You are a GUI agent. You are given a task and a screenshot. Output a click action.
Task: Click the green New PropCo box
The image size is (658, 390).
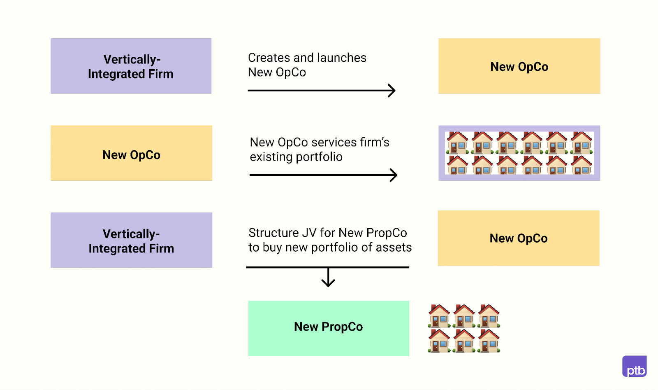(329, 328)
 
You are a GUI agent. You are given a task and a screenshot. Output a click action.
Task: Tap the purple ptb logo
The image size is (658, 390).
(635, 366)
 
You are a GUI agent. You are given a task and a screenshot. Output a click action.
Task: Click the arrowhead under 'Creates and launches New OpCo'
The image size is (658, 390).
(392, 91)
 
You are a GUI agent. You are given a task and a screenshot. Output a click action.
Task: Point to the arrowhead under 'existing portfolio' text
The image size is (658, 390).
(394, 175)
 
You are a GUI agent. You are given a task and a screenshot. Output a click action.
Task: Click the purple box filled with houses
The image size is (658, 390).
(519, 153)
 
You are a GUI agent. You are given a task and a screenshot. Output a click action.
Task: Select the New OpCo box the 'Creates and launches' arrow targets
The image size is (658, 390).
(519, 66)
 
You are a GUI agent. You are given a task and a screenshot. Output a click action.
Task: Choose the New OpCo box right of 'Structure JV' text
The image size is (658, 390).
(519, 238)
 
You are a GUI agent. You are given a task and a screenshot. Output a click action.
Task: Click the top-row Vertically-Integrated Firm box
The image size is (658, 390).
(131, 66)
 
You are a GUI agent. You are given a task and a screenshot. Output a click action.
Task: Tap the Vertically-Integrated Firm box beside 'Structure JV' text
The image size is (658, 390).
(131, 241)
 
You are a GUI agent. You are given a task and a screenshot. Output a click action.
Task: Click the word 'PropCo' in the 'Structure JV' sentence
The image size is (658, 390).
(387, 233)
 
